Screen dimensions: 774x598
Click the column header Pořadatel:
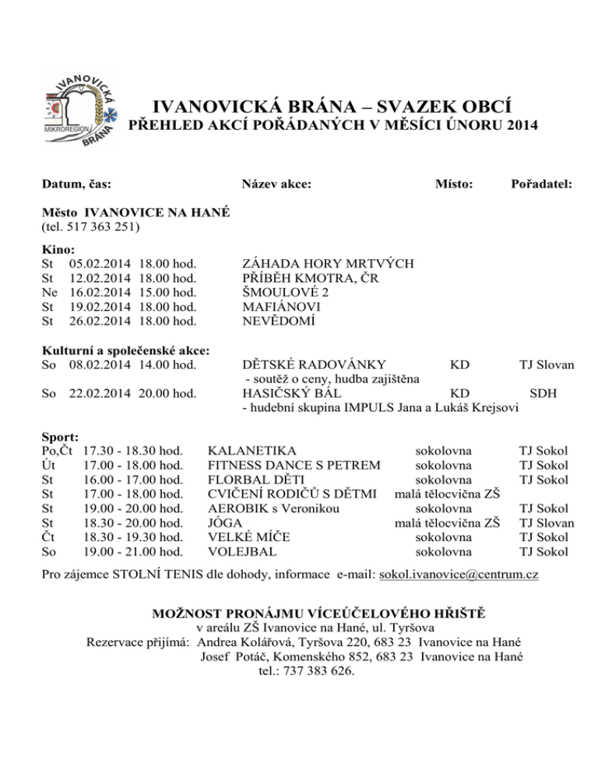point(542,185)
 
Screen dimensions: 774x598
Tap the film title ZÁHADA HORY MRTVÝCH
point(328,264)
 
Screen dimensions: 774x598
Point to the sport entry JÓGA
point(226,523)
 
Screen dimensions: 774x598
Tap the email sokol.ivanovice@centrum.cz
point(459,575)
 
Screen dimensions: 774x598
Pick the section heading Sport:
point(59,437)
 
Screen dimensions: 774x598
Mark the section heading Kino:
point(58,249)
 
